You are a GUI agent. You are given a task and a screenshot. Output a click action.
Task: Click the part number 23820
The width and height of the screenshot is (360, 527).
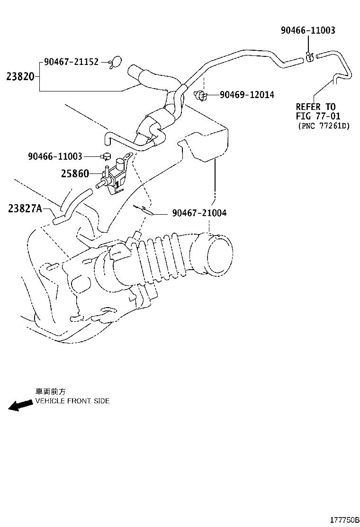(x=20, y=76)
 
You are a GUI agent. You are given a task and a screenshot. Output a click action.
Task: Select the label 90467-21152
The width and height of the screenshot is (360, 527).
(x=71, y=62)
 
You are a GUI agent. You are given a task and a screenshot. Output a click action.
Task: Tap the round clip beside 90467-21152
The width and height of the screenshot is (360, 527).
(x=115, y=62)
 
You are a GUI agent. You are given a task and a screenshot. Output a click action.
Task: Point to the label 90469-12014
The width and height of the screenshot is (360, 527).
(x=247, y=95)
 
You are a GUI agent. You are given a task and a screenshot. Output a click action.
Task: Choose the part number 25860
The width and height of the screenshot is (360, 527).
(x=74, y=174)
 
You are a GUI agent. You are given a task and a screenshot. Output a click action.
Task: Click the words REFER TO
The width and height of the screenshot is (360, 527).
(x=315, y=107)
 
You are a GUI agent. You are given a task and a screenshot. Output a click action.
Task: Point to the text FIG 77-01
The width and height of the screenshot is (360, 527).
(x=318, y=116)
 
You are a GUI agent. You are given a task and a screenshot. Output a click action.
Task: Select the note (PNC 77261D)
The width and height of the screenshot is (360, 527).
(x=324, y=126)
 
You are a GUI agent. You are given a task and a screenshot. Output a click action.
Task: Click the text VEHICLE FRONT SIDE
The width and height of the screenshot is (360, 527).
(x=72, y=401)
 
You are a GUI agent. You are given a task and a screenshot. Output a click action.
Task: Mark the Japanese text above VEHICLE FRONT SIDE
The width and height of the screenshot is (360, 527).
(x=51, y=391)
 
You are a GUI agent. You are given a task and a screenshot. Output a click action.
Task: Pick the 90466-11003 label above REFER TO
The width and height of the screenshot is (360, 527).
(x=308, y=30)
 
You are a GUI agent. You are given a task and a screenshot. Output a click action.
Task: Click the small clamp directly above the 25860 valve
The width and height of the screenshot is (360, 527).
(x=106, y=156)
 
